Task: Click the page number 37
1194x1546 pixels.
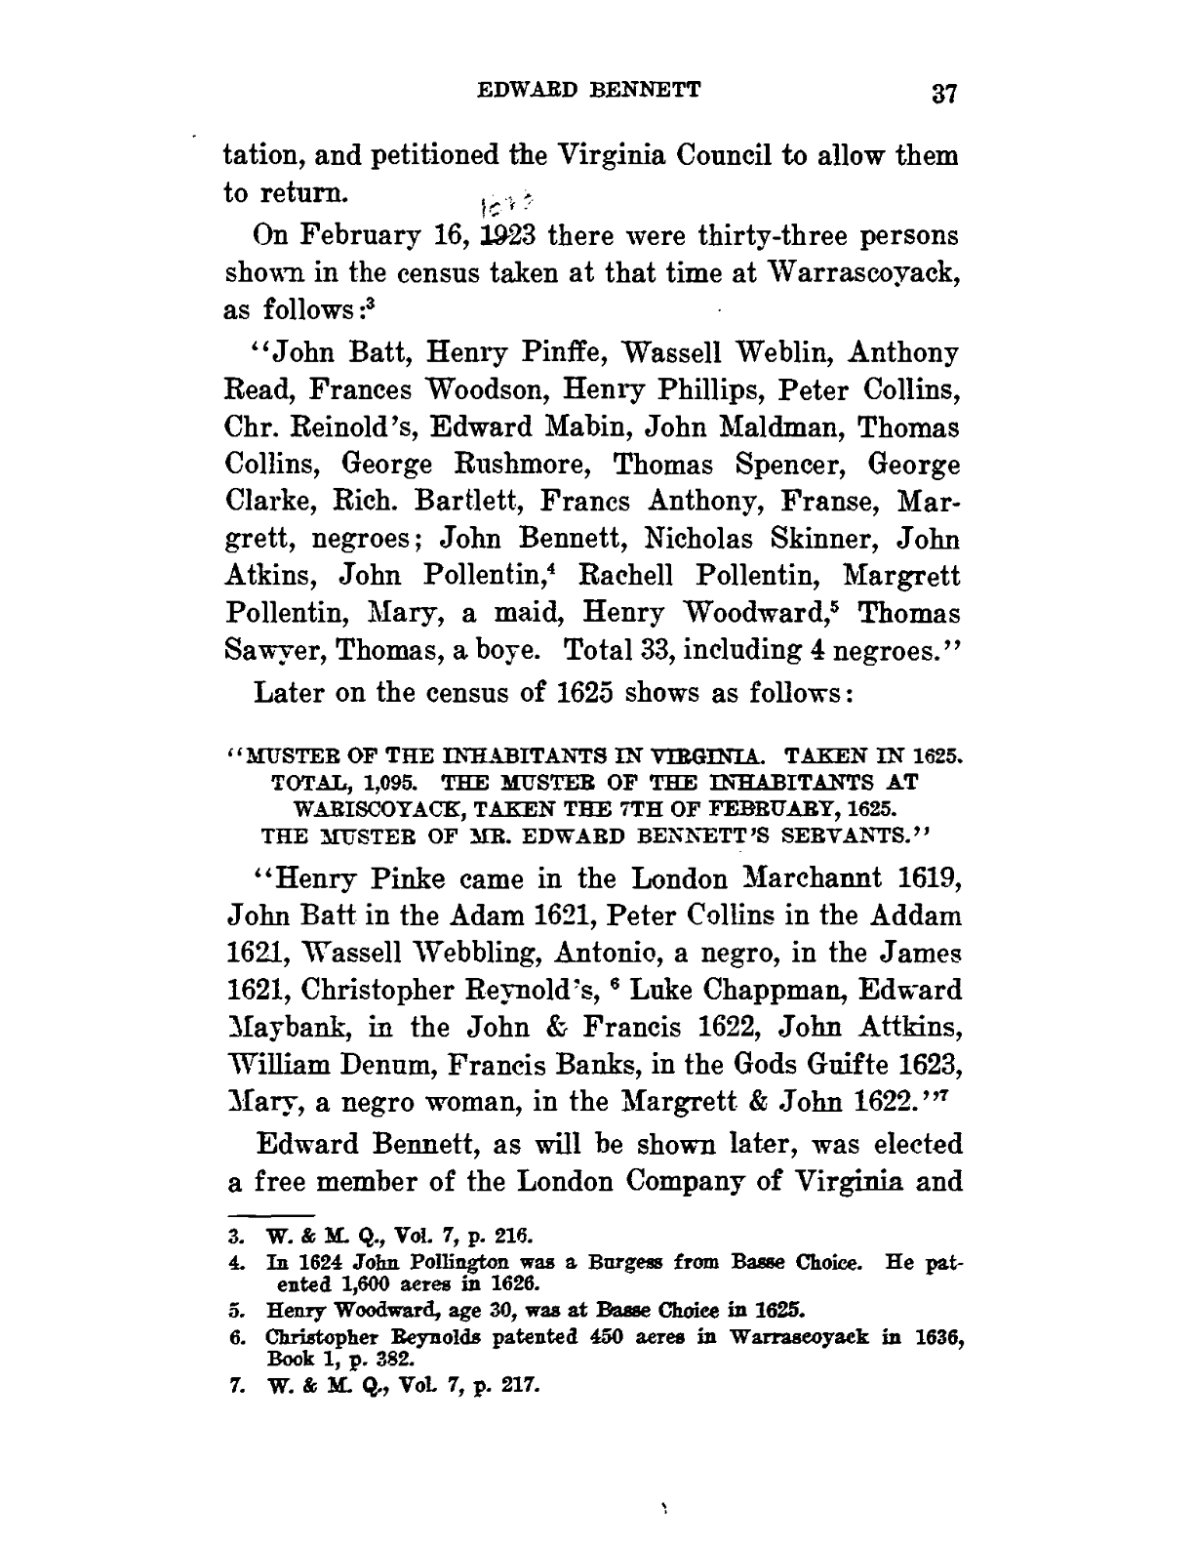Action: click(946, 94)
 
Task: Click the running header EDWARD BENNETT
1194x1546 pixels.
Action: click(588, 91)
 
